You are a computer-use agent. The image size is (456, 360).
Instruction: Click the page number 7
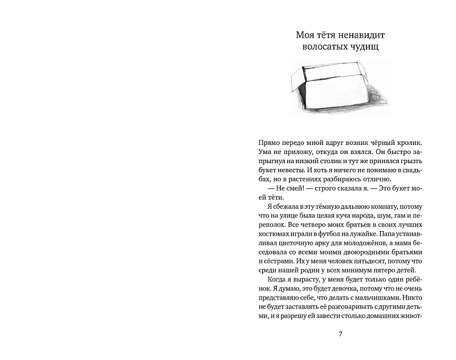click(x=340, y=334)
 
